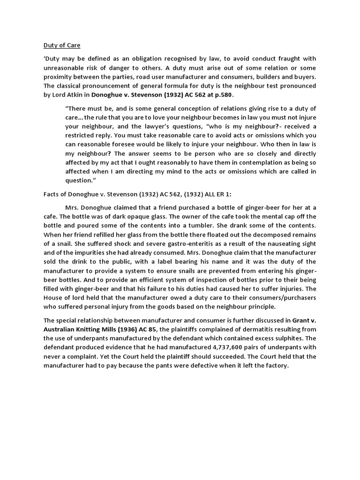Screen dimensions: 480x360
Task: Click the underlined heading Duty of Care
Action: click(x=62, y=45)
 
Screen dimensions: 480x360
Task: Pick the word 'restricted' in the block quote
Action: click(x=82, y=135)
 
